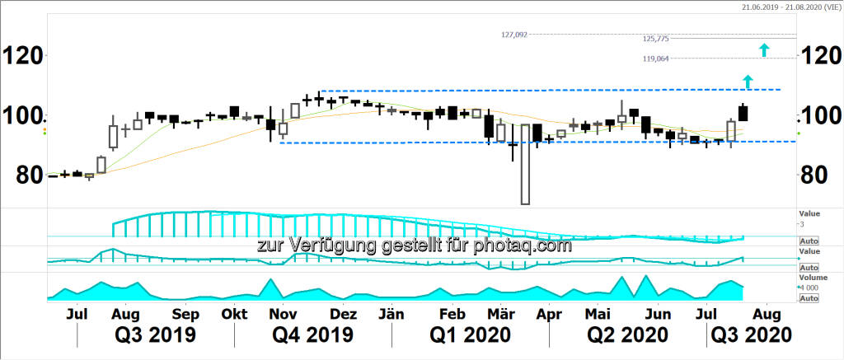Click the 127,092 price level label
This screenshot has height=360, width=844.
[x=513, y=35]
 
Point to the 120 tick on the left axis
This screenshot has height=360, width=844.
[x=22, y=56]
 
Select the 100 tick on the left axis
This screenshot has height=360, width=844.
[x=22, y=115]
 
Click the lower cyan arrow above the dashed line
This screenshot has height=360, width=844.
[x=748, y=81]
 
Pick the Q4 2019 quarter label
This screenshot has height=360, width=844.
[x=313, y=335]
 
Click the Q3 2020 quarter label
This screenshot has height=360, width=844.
[x=752, y=335]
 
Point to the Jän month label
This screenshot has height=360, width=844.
[x=390, y=314]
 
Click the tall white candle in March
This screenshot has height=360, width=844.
[x=525, y=164]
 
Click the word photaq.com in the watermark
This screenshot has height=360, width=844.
[x=527, y=245]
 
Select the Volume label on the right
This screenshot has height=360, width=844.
[x=809, y=278]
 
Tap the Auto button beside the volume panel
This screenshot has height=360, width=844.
[x=809, y=297]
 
